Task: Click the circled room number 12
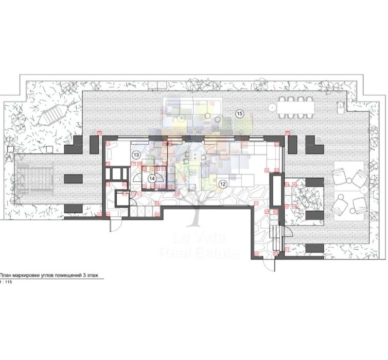tap(222, 183)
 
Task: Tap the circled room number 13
tap(136, 155)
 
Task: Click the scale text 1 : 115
tap(7, 283)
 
